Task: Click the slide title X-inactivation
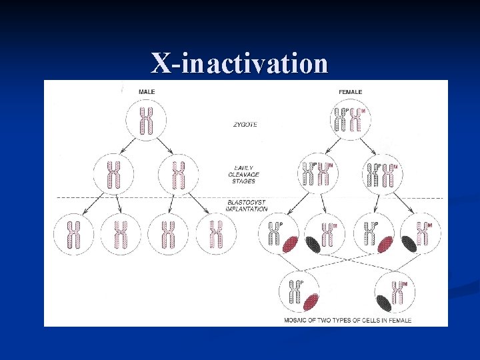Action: [x=239, y=64]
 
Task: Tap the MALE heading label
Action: [x=147, y=91]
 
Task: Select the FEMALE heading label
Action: [x=351, y=91]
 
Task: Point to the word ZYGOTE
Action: [x=245, y=124]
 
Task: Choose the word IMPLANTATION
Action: [x=247, y=209]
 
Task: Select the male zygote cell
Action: [x=146, y=121]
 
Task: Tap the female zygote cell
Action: [x=351, y=121]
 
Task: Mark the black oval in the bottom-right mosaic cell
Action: [x=383, y=301]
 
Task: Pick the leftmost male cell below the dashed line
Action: [x=73, y=233]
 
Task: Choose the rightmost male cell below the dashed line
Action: [x=215, y=233]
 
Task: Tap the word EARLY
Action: [x=245, y=167]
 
